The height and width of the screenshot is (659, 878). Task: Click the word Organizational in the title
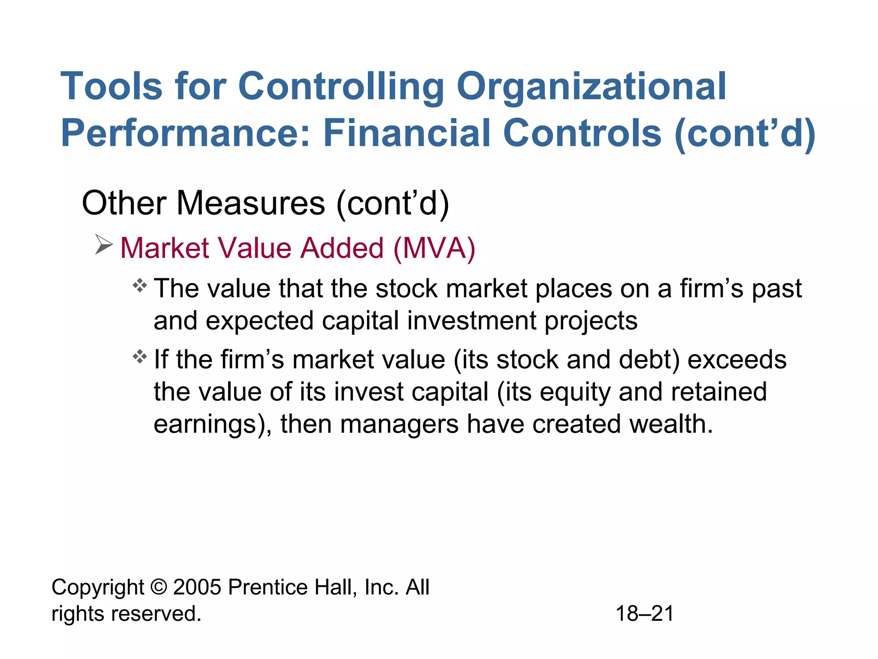point(591,87)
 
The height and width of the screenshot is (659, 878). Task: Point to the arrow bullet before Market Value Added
point(103,245)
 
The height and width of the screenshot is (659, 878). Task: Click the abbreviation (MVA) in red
point(434,248)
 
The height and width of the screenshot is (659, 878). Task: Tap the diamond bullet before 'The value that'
point(140,286)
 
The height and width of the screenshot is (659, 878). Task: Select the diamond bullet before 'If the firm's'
point(140,357)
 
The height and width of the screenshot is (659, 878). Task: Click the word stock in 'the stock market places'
point(406,288)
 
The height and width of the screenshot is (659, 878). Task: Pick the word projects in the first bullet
point(591,321)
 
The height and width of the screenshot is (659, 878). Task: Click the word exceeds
point(737,360)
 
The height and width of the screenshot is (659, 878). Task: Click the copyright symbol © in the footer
point(159,587)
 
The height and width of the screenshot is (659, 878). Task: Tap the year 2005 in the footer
point(197,587)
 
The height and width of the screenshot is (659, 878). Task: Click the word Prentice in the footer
point(268,587)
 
